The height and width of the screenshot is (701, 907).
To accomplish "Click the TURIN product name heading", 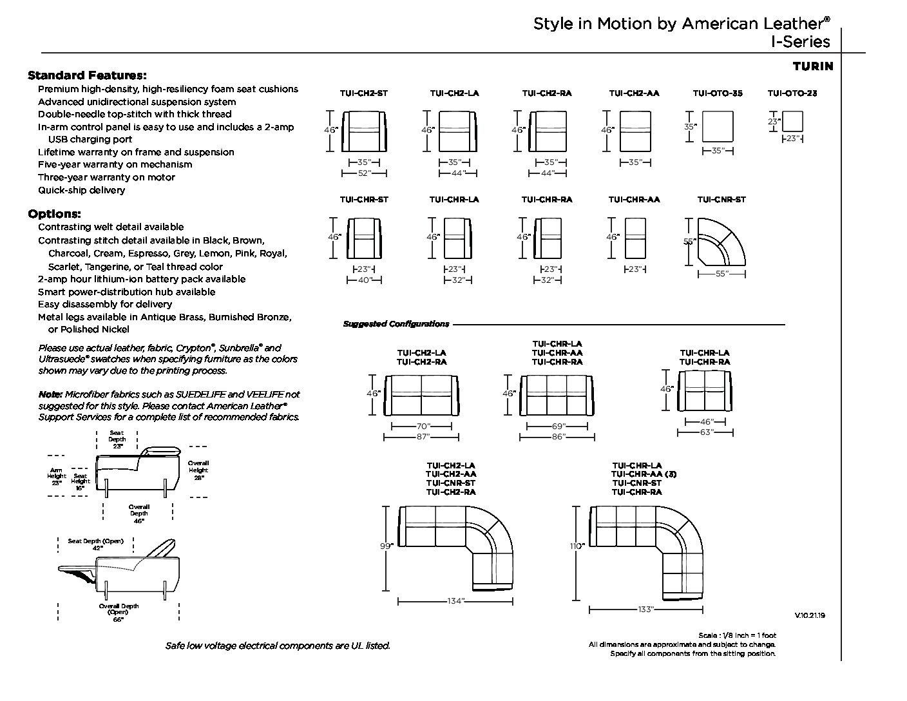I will pyautogui.click(x=812, y=66).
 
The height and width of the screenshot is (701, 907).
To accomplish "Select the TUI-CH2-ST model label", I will pyautogui.click(x=364, y=93).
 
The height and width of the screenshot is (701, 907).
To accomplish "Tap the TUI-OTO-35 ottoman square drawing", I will pyautogui.click(x=718, y=126).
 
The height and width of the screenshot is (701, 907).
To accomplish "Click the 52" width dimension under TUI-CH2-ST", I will pyautogui.click(x=364, y=173).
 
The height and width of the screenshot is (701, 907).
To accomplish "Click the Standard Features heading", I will pyautogui.click(x=87, y=75).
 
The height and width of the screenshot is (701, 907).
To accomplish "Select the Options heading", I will pyautogui.click(x=54, y=214).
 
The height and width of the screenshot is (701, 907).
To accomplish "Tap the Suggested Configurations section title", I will pyautogui.click(x=396, y=324).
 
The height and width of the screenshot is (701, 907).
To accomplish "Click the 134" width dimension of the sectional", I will pyautogui.click(x=455, y=601).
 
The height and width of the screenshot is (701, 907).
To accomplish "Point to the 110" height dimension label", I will pyautogui.click(x=577, y=546).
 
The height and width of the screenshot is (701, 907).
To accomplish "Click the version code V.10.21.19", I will pyautogui.click(x=810, y=615).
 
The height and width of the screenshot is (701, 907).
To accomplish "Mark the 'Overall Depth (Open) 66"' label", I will pyautogui.click(x=119, y=613).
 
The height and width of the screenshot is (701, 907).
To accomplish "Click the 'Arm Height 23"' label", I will pyautogui.click(x=57, y=476).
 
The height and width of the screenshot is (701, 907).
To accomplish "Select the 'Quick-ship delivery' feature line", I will pyautogui.click(x=81, y=190).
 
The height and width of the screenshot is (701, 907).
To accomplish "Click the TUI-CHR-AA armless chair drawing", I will pyautogui.click(x=635, y=238).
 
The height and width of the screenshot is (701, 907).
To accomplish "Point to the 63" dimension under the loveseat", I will pyautogui.click(x=706, y=432).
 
